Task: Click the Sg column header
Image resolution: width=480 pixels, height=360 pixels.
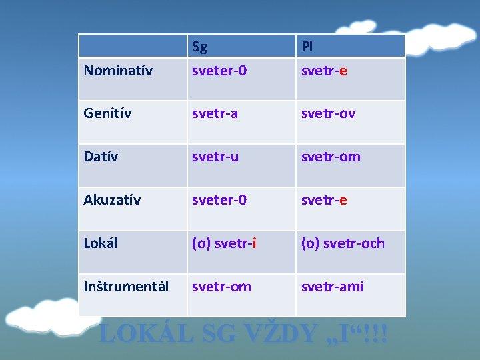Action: (x=199, y=47)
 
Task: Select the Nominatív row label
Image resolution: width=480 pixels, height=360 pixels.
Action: (x=118, y=70)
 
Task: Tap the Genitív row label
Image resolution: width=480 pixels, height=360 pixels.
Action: (x=107, y=113)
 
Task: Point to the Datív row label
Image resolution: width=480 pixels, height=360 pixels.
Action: (x=101, y=157)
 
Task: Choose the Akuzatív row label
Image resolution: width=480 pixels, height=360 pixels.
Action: (x=112, y=200)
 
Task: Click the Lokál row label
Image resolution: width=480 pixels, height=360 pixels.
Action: (x=101, y=243)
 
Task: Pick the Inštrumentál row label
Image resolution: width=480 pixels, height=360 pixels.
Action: (x=126, y=287)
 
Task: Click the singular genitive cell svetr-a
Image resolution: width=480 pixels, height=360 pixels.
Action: (x=214, y=113)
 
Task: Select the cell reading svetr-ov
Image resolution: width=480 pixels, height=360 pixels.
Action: (x=328, y=113)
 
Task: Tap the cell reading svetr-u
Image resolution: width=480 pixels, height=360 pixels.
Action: (x=215, y=157)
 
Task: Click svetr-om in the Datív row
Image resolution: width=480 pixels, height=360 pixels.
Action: (x=331, y=157)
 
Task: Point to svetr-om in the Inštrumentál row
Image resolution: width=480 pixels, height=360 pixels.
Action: (x=221, y=287)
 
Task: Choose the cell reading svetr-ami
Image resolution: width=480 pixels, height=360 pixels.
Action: (x=332, y=287)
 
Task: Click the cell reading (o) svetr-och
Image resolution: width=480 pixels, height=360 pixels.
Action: (x=343, y=243)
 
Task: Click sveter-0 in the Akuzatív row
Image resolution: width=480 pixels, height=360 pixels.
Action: (x=219, y=200)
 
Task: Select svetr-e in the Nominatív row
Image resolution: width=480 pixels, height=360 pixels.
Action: (x=324, y=70)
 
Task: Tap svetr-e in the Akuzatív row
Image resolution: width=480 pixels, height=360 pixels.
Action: (x=324, y=200)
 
